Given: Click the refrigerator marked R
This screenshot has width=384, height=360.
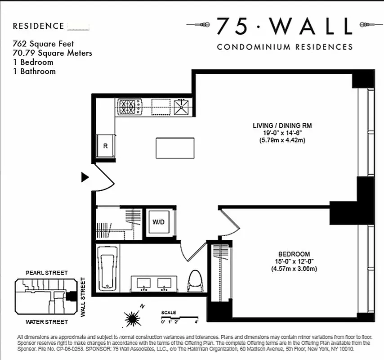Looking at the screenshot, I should click(x=106, y=146).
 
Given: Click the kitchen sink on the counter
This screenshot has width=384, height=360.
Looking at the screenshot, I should click(x=182, y=107).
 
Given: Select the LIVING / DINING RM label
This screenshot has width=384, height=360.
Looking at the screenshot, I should click(x=282, y=126).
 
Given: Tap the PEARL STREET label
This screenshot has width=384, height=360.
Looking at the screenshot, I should click(x=47, y=273).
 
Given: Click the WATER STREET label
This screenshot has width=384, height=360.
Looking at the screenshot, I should click(x=47, y=322).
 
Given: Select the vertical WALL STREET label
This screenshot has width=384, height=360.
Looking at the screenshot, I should click(x=83, y=297).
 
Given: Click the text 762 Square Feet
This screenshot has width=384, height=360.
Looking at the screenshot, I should click(x=43, y=44).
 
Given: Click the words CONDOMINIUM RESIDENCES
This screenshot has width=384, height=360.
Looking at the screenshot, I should click(x=285, y=47).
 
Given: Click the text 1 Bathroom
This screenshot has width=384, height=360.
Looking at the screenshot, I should click(x=34, y=71).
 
